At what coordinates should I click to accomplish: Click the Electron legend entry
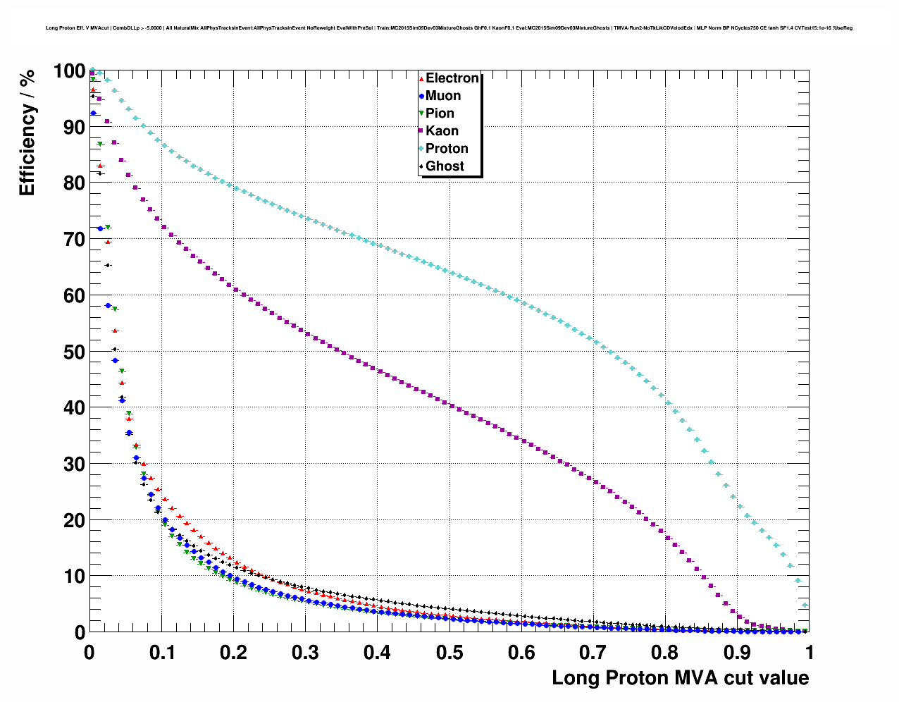[452, 78]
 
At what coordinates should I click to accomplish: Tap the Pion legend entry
[440, 113]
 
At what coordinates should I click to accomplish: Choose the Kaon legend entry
[442, 131]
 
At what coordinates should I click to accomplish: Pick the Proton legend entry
[447, 149]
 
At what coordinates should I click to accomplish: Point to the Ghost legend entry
[445, 166]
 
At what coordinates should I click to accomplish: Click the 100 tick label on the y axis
[69, 71]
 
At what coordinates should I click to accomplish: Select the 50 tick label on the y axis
[74, 352]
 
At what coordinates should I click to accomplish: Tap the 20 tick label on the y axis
[74, 520]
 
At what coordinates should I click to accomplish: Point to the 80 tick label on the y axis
[74, 183]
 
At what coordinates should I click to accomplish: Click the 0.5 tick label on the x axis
[449, 652]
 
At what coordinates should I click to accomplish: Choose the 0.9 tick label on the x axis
[738, 652]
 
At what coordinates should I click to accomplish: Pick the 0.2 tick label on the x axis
[233, 652]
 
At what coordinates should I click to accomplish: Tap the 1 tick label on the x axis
[810, 652]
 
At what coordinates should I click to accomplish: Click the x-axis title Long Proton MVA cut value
[680, 678]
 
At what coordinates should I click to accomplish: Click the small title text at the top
[449, 28]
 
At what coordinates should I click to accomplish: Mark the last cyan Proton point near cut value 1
[805, 605]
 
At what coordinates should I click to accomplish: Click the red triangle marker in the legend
[421, 79]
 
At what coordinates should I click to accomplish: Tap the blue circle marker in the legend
[421, 97]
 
